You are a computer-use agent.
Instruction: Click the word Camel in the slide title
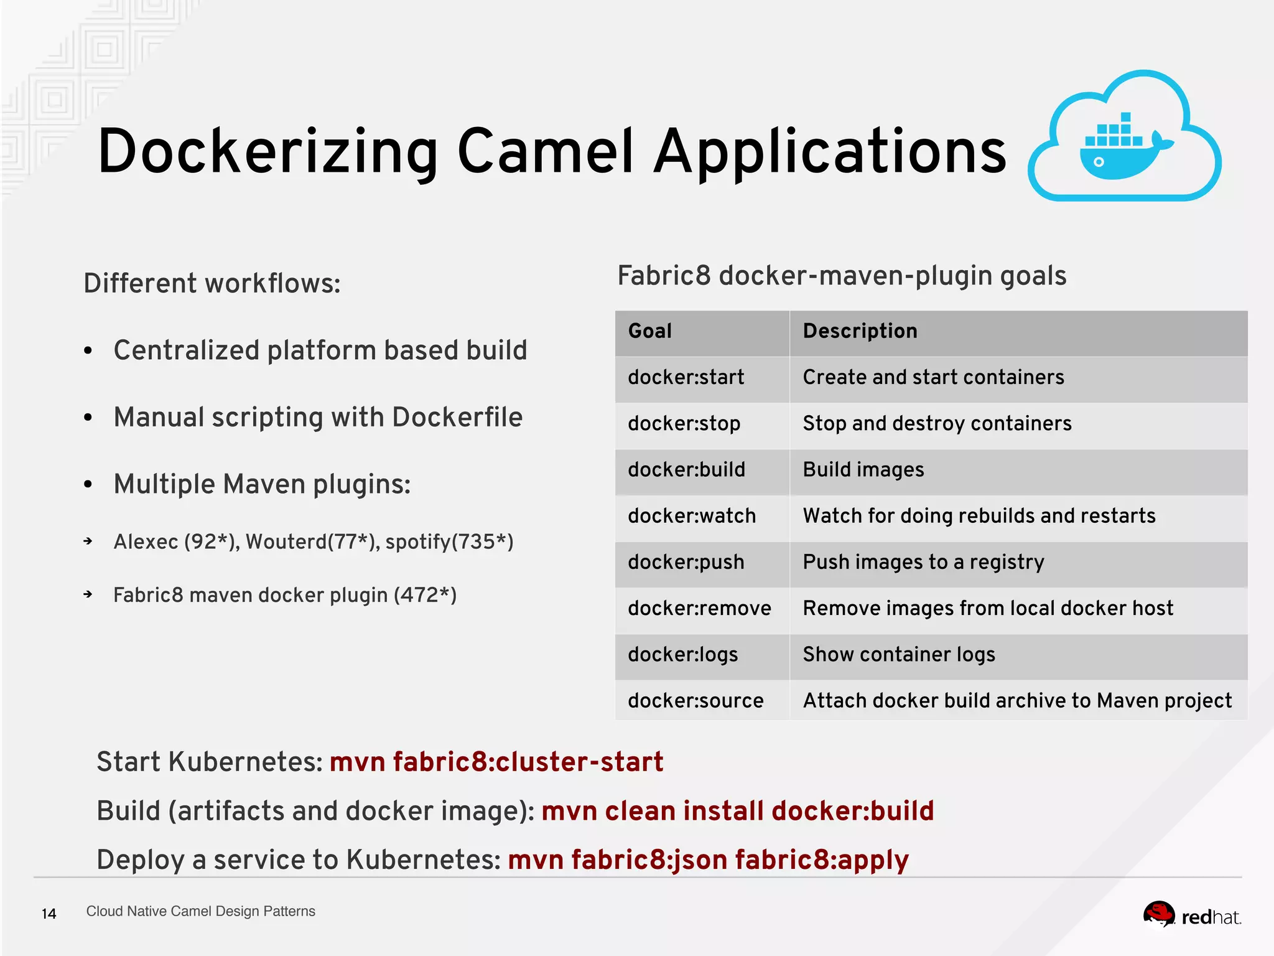tap(546, 152)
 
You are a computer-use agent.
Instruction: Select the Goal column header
tap(650, 331)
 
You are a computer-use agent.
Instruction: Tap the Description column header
tap(860, 331)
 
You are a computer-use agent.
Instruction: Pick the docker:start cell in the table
tap(686, 377)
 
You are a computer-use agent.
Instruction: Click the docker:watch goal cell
tap(692, 516)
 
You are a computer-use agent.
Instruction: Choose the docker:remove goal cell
tap(699, 608)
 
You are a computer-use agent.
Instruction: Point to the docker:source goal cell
tap(695, 701)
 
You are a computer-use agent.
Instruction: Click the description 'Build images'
tap(863, 470)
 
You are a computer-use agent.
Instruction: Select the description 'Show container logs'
tap(899, 655)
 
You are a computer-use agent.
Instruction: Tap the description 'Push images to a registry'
tap(923, 562)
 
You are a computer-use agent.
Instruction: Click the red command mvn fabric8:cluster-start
tap(496, 762)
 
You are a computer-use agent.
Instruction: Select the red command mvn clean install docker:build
tap(738, 811)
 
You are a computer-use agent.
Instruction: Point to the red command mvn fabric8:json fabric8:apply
tap(708, 860)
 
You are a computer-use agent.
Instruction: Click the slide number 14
tap(49, 914)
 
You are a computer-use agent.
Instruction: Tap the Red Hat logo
tap(1191, 916)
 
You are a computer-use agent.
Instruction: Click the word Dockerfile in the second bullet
tap(457, 418)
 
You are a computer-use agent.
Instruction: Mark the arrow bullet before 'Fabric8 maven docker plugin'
tap(88, 594)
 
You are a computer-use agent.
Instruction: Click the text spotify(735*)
tap(449, 542)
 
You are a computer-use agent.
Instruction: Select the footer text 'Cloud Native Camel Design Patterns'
tap(200, 911)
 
